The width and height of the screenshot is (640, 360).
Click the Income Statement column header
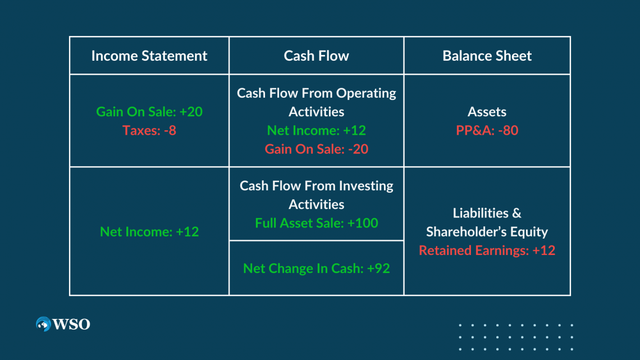149,56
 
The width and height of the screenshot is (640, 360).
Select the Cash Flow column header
316,56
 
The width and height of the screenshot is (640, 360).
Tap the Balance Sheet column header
487,56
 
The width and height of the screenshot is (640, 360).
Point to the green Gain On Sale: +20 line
149,111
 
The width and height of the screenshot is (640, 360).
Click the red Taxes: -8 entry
149,130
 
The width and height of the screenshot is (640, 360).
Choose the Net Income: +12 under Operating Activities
316,130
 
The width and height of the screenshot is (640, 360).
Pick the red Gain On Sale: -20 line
316,149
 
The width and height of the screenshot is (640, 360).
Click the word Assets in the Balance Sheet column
487,111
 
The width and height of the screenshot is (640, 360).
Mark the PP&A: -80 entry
487,130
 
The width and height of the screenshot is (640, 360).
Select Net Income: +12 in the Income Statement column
149,231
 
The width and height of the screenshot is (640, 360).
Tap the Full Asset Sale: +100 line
316,223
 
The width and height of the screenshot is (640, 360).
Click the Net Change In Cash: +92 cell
316,268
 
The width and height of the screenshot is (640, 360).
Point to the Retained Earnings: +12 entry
487,250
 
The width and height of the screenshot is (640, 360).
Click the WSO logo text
71,324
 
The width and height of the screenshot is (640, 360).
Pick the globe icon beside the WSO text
43,324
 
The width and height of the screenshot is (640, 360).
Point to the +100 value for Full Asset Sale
363,223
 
